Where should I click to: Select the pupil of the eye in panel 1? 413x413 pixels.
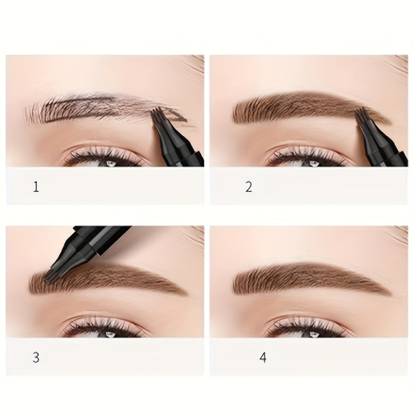click(110, 164)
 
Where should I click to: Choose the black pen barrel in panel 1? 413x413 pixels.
click(180, 144)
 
